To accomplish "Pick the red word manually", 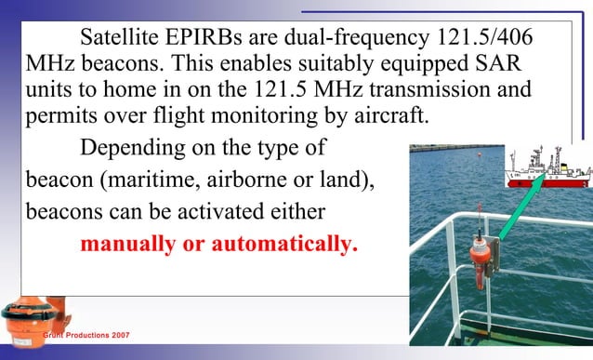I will tap(131, 245).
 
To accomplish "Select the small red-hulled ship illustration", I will tap(548, 167).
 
